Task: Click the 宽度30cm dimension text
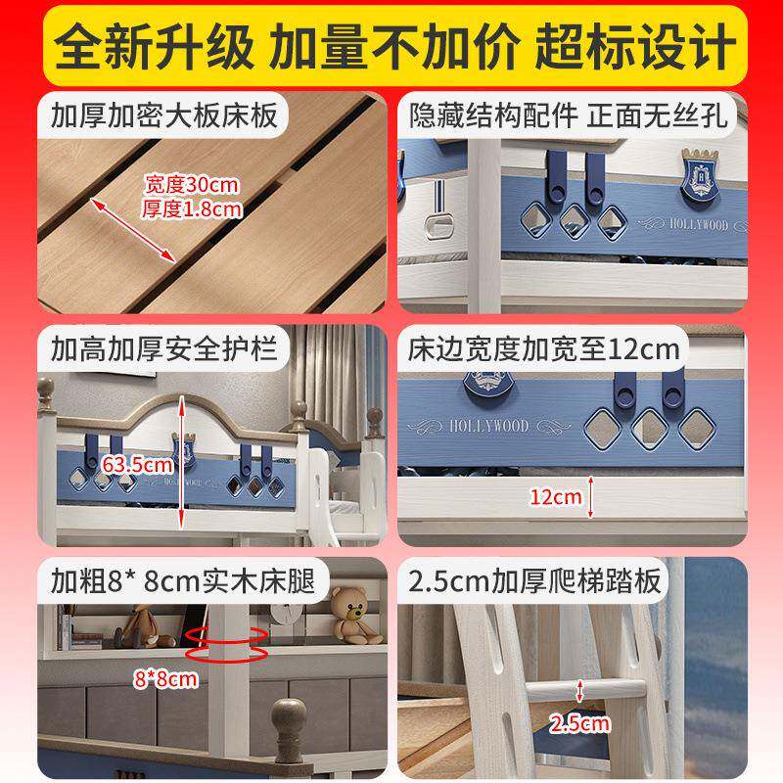pos(192,184)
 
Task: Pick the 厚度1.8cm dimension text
pos(192,207)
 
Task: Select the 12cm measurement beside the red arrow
pos(555,497)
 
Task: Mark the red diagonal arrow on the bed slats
pos(132,230)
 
